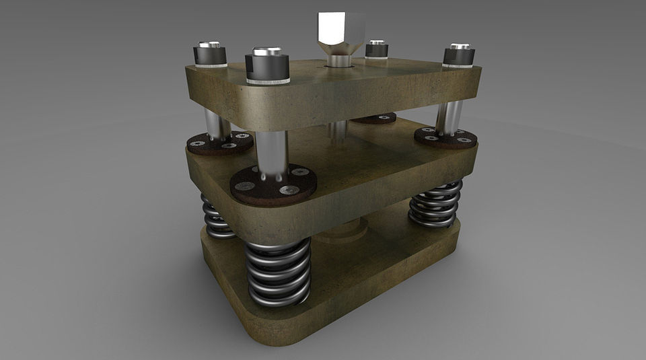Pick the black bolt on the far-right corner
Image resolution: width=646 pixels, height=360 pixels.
point(459,56)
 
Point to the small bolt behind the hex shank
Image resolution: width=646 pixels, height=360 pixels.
point(376,50)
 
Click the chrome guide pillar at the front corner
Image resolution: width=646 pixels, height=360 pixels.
point(272,151)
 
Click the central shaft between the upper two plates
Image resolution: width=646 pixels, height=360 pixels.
point(338,132)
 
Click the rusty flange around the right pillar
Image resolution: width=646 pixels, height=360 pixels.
point(445,139)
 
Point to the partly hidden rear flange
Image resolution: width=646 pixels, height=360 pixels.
point(374,119)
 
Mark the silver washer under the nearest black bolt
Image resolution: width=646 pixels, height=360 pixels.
point(268,81)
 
